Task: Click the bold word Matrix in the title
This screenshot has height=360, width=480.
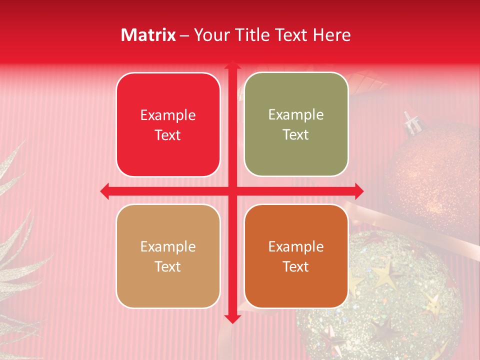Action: click(148, 35)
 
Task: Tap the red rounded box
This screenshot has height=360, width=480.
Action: click(168, 124)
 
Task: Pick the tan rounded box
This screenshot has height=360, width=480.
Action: click(168, 256)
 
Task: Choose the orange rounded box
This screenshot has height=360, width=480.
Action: click(296, 256)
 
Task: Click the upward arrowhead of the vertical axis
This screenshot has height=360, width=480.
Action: click(232, 65)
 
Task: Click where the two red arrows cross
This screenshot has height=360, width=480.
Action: click(232, 191)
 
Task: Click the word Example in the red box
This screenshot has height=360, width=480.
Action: click(168, 115)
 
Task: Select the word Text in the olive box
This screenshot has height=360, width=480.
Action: click(296, 134)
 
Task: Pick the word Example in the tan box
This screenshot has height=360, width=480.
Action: click(168, 246)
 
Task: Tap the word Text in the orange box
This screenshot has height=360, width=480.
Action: click(296, 266)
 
